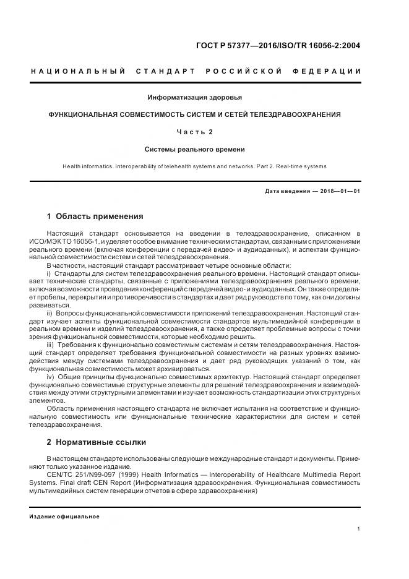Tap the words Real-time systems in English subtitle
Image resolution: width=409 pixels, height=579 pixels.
point(303,166)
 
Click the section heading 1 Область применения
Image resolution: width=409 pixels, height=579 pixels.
point(95,217)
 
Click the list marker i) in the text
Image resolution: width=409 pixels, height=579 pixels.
point(49,273)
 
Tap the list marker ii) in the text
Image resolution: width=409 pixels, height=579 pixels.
point(50,314)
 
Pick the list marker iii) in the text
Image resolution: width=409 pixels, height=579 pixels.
point(51,344)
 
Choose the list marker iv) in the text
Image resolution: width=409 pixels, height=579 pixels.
point(51,377)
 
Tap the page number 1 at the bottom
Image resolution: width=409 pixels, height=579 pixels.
point(359,529)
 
